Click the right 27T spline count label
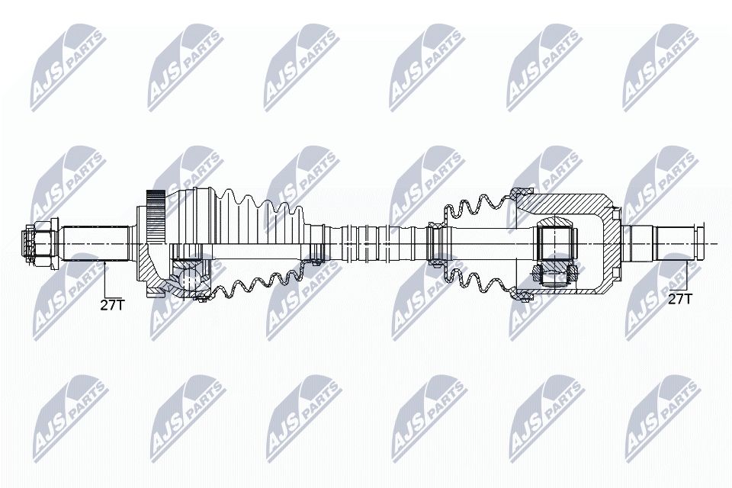click(679, 298)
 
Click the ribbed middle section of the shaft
click(374, 242)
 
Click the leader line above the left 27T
click(104, 278)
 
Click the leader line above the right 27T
click(689, 274)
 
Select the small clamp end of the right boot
click(435, 242)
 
